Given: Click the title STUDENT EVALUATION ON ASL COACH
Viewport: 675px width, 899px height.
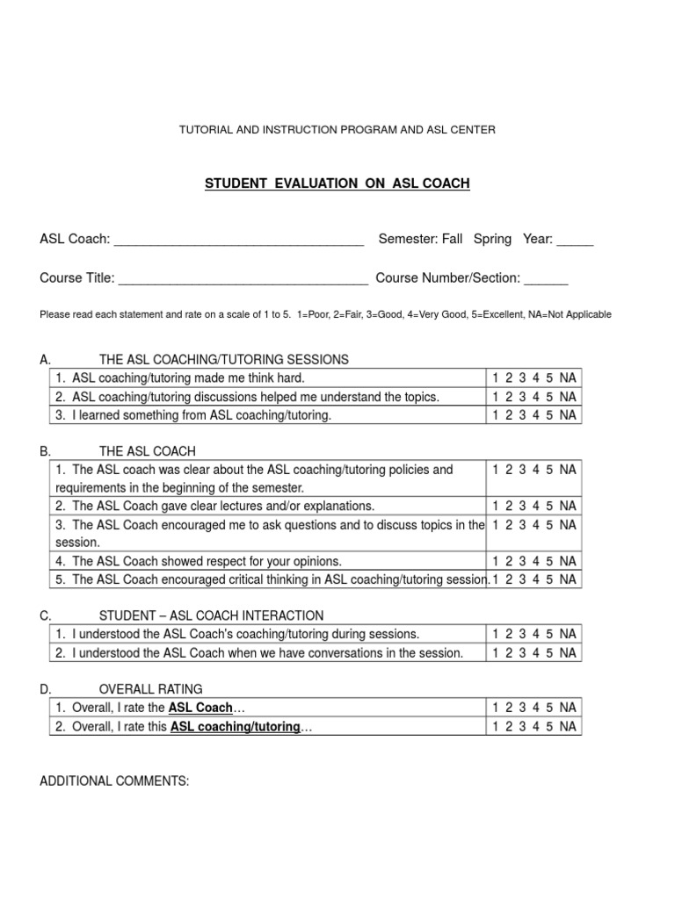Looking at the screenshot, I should (337, 183).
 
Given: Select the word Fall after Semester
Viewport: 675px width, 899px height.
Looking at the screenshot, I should (451, 240).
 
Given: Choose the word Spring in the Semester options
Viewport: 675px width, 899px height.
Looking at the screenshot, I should (492, 240).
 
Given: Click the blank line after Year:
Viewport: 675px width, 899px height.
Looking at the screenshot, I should (575, 241).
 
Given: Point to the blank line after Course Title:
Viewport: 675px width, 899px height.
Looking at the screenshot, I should (243, 280).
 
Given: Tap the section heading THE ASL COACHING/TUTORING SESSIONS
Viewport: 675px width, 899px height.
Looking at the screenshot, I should (224, 359).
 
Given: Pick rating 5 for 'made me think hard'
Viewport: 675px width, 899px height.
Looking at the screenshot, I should (549, 378).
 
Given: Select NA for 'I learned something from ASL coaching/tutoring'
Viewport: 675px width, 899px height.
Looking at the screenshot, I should (568, 415).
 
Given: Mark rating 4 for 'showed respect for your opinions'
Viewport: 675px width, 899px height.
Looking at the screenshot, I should (536, 561).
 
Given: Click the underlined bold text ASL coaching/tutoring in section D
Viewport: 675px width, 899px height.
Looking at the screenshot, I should (235, 727).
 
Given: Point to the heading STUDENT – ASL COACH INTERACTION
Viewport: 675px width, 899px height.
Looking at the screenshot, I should (211, 615).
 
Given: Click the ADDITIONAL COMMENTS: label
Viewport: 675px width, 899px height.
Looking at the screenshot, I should (114, 780).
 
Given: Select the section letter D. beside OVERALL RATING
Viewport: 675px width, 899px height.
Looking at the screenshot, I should (47, 689).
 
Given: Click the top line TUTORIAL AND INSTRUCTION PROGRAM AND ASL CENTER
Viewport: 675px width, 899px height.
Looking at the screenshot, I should (337, 130).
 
